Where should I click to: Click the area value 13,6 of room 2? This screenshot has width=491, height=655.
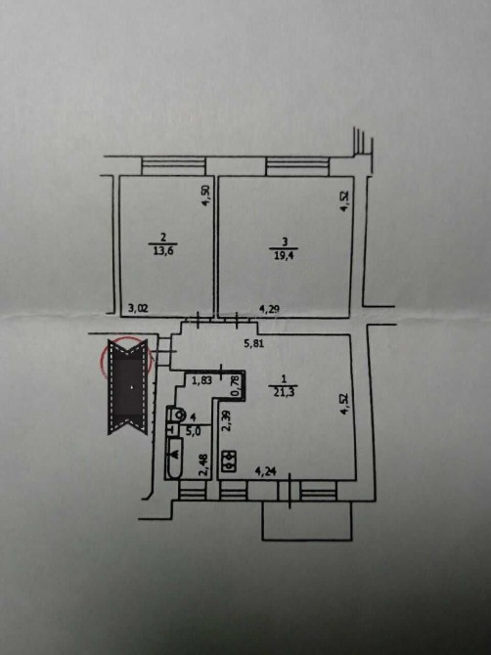[x=163, y=251]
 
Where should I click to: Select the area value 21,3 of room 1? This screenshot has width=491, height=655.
[x=284, y=392]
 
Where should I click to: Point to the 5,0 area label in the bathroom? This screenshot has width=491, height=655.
[x=193, y=431]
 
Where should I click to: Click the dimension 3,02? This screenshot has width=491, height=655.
[x=138, y=309]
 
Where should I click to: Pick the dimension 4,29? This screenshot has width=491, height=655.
[x=269, y=309]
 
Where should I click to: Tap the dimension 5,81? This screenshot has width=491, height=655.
[x=254, y=344]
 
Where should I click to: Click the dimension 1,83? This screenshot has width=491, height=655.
[x=201, y=380]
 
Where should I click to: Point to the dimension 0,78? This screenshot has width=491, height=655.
[x=236, y=385]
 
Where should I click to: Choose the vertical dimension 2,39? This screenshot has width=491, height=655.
[x=226, y=420]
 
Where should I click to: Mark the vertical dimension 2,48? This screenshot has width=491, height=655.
[x=204, y=464]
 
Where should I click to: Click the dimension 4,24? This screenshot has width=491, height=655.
[x=265, y=472]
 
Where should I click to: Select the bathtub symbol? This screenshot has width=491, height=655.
[x=174, y=458]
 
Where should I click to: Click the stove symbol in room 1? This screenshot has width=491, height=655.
[x=229, y=461]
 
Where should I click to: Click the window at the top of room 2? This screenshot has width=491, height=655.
[x=174, y=166]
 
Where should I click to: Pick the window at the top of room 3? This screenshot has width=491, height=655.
[x=297, y=166]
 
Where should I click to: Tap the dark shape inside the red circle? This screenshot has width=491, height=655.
[x=128, y=386]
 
